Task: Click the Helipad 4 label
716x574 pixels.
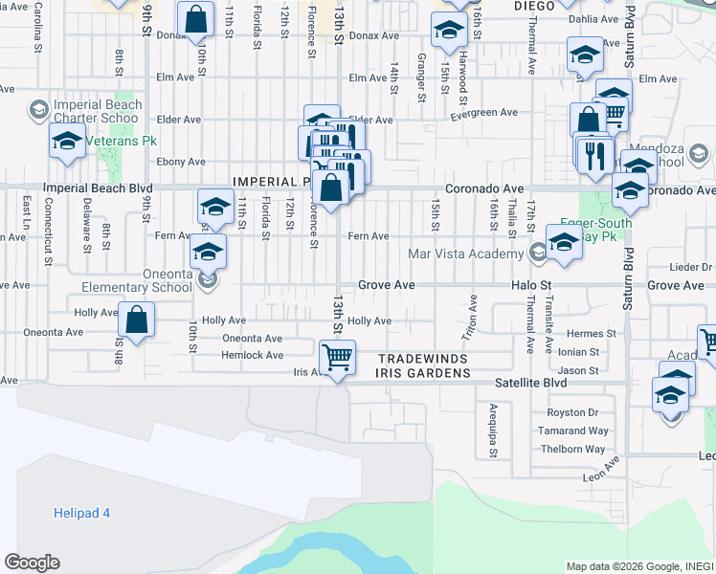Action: [x=81, y=513]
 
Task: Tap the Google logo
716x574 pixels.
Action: [x=32, y=563]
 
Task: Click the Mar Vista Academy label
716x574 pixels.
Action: [x=464, y=254]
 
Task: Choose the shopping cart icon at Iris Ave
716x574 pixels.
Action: [x=337, y=358]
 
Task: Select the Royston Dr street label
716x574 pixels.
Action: [x=572, y=413]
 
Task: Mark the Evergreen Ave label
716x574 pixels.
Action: [x=485, y=113]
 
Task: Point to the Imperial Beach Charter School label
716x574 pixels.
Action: [x=98, y=111]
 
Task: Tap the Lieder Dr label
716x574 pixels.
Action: [x=692, y=267]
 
